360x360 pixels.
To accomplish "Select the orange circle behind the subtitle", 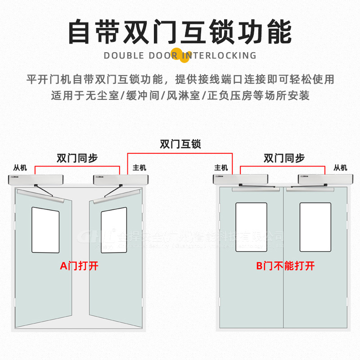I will pyautogui.click(x=180, y=53).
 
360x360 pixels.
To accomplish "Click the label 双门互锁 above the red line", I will pyautogui.click(x=180, y=144).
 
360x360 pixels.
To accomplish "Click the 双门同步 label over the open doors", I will pyautogui.click(x=77, y=158).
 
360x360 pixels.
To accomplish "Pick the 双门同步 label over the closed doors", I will pyautogui.click(x=284, y=158).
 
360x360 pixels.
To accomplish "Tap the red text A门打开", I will pyautogui.click(x=79, y=266).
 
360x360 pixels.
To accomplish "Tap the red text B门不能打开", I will pyautogui.click(x=285, y=266).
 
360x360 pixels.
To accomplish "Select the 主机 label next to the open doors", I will pyautogui.click(x=139, y=168).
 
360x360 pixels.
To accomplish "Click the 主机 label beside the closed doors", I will pyautogui.click(x=221, y=168).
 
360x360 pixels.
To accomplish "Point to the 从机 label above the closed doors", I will pyautogui.click(x=340, y=168).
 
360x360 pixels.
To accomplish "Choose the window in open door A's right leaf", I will pyautogui.click(x=113, y=229).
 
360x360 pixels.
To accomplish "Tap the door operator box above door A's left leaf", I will pyautogui.click(x=36, y=179).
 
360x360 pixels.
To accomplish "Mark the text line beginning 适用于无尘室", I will pyautogui.click(x=180, y=95).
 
